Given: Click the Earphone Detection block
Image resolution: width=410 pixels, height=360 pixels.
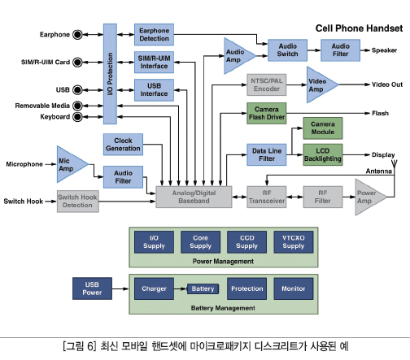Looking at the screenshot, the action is tap(154, 34).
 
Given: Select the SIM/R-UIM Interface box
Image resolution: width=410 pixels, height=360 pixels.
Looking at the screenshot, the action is tap(154, 63).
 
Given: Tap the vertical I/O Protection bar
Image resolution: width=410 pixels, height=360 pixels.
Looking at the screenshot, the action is tap(110, 74).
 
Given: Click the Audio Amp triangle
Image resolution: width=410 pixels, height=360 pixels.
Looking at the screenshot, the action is tap(238, 56).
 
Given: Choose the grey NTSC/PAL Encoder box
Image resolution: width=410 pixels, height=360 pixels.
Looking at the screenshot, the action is tap(267, 85).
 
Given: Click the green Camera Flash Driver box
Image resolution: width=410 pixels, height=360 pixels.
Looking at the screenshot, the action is tap(267, 113).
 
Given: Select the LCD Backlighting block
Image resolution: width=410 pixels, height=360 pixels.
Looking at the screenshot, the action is tap(323, 154).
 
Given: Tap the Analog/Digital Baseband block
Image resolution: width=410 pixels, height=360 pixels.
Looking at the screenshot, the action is tap(194, 197).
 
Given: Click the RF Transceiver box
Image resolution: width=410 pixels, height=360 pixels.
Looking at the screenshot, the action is tap(267, 197).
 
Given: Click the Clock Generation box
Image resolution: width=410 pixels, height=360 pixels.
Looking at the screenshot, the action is tap(123, 145).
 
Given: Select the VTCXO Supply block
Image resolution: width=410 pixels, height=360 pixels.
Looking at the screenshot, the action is tap(294, 242).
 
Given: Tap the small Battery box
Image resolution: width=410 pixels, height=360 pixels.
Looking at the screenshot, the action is tap(203, 288).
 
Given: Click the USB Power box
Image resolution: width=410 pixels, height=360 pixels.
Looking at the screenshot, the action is tap(92, 288).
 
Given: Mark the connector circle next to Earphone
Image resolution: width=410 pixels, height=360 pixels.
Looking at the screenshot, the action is tap(77, 35).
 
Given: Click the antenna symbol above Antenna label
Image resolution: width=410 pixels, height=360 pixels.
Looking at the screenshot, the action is tap(395, 164).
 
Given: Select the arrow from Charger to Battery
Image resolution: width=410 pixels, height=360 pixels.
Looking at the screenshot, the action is tap(181, 288).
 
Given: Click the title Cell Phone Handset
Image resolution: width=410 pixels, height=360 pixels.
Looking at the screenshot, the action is tap(359, 28).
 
